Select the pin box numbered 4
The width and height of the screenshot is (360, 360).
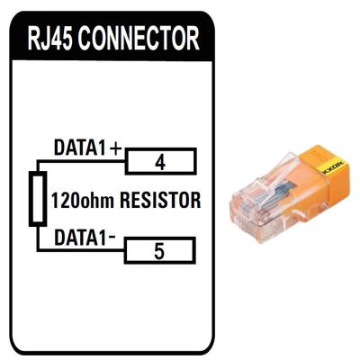(x=159, y=162)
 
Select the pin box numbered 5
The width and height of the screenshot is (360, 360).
(x=159, y=252)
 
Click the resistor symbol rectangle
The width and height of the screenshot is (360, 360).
(x=37, y=200)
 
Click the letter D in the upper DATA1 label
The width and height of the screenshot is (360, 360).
(x=58, y=147)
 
